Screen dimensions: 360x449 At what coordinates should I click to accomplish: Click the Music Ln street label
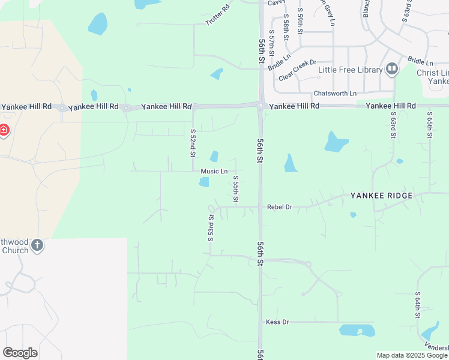tap(214, 172)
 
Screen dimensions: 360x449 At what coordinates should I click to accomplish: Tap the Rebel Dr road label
tap(279, 207)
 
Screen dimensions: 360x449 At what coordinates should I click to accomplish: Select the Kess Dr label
tap(277, 322)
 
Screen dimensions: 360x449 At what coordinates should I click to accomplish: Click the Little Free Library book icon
tap(392, 70)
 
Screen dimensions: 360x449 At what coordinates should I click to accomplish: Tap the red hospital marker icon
tap(4, 130)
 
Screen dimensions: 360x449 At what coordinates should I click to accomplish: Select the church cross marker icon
tap(37, 245)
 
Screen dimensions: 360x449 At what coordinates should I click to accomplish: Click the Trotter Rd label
tap(217, 15)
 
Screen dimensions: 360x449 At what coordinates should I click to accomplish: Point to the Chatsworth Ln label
tap(335, 94)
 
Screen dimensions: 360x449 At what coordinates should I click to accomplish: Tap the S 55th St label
tap(236, 188)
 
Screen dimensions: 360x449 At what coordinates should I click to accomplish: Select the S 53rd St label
tap(211, 227)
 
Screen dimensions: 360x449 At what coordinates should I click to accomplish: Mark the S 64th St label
tap(417, 305)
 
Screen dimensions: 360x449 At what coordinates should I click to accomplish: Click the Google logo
tap(20, 353)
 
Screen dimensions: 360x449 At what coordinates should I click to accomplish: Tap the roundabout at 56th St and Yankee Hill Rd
tap(261, 106)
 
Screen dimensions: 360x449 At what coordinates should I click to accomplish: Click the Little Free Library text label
tap(350, 70)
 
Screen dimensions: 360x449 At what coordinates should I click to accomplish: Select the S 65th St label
tap(430, 125)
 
